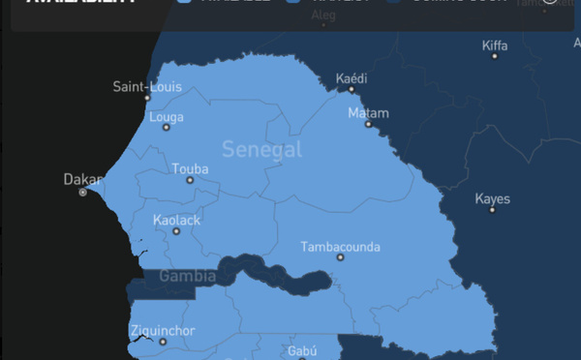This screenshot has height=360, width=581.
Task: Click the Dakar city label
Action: point(81,179)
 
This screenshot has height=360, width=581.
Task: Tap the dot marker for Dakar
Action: point(82,193)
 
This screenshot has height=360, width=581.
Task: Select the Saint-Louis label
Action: point(147,87)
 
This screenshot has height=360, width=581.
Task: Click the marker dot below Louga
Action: point(166,128)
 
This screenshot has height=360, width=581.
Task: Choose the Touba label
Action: point(190,169)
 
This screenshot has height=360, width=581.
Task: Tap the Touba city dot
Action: point(190,180)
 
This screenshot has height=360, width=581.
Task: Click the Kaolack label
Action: point(176,221)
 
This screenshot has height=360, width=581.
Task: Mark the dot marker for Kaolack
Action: point(176,231)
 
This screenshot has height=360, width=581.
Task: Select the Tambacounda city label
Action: point(340,247)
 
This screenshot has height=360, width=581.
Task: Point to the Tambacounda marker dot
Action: point(340,257)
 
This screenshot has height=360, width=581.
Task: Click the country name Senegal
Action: point(261,149)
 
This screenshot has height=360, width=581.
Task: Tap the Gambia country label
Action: point(187,276)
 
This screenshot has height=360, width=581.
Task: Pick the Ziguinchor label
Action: point(162,331)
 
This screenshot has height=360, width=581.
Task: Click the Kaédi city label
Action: point(352,77)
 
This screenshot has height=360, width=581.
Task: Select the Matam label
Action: point(368,112)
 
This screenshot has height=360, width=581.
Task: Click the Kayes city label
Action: point(492,199)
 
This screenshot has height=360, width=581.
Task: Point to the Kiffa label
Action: point(494,45)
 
